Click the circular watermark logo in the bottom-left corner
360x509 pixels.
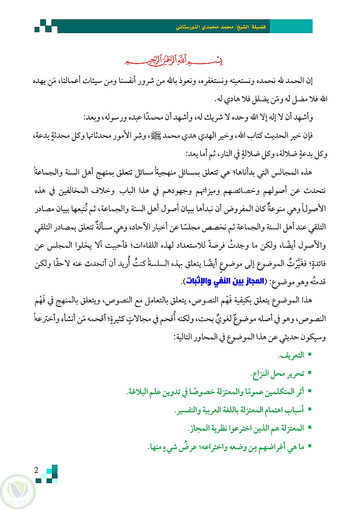(x=19, y=490)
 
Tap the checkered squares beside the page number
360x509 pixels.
(x=49, y=473)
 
